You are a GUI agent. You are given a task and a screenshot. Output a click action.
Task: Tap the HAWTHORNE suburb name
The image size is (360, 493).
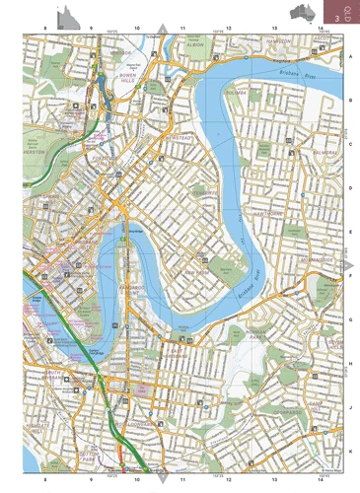[268, 213]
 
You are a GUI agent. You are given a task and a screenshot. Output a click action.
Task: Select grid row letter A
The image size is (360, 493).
[350, 56]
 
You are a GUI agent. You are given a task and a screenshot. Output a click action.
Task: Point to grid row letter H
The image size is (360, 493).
[350, 363]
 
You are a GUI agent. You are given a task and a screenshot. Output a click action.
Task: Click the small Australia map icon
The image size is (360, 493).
[305, 12]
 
